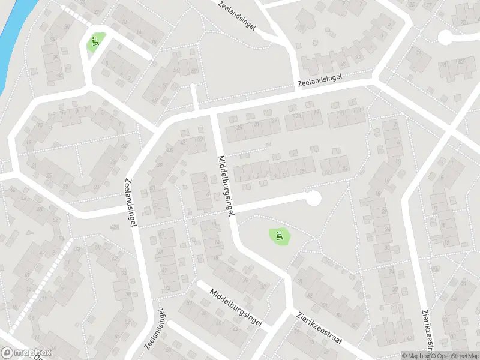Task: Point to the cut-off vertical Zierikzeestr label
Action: (428, 329)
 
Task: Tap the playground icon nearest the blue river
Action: (94, 42)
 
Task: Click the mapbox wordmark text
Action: (34, 353)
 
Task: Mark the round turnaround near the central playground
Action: (313, 197)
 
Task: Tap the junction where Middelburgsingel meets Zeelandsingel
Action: (213, 112)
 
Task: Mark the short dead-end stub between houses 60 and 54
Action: (193, 96)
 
